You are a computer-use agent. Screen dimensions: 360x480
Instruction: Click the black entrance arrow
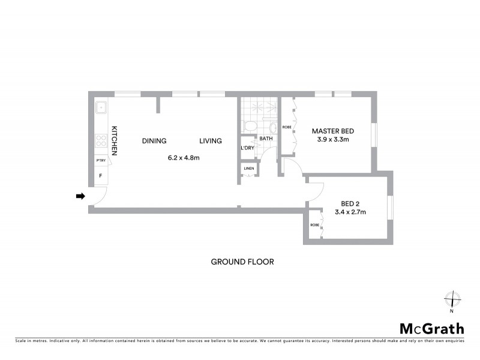(x=80, y=196)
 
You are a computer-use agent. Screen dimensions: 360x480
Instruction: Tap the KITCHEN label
(x=114, y=141)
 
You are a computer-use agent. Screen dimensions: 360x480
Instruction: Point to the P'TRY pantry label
(x=101, y=161)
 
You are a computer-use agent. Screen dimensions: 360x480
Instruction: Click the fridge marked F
(x=100, y=176)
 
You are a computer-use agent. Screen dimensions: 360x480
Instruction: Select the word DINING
(x=154, y=141)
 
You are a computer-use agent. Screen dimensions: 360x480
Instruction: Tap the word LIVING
(x=211, y=141)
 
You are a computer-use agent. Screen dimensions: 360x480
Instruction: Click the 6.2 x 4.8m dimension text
(x=183, y=158)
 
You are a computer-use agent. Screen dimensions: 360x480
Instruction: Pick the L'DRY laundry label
(x=247, y=148)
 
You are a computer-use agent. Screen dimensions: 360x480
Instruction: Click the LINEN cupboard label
(x=248, y=169)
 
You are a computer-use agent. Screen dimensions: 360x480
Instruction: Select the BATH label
(x=266, y=139)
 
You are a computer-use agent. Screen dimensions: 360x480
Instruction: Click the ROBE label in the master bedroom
(x=287, y=127)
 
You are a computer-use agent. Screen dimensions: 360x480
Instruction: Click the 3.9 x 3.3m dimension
(x=332, y=140)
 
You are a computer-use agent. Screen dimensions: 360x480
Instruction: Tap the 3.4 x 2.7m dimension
(x=350, y=212)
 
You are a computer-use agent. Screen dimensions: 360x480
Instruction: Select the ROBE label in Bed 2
(x=314, y=225)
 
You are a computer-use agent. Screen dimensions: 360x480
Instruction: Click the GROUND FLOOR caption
(x=242, y=262)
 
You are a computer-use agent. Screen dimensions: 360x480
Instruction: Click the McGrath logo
(x=432, y=328)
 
